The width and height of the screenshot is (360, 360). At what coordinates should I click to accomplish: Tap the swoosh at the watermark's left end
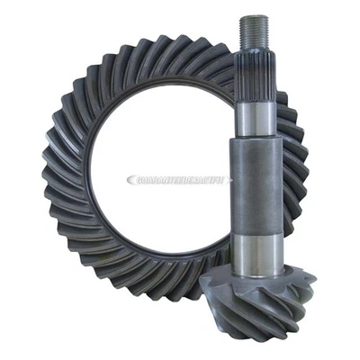pyautogui.click(x=131, y=181)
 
